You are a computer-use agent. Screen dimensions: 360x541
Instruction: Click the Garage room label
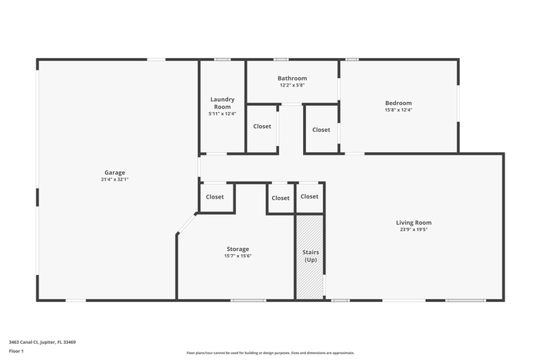point(115,172)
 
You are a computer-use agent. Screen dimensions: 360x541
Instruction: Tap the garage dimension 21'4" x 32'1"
point(115,179)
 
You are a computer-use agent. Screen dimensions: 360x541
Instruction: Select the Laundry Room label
point(223,103)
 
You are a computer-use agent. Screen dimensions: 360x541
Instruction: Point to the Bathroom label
point(292,78)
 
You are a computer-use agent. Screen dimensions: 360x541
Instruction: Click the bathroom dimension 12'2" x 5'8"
point(292,85)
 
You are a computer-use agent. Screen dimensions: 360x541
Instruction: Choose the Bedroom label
point(399,103)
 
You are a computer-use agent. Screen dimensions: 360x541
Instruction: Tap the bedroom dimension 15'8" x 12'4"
point(399,110)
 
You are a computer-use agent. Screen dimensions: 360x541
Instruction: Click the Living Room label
point(414,222)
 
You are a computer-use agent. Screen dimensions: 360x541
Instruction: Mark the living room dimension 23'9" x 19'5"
point(414,229)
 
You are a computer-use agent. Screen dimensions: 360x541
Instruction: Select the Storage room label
point(237,249)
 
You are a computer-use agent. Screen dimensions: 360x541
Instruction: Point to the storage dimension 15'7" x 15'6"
point(237,256)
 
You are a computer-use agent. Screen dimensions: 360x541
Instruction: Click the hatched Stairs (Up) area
point(310,256)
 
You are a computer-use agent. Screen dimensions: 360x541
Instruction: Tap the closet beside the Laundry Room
point(262,127)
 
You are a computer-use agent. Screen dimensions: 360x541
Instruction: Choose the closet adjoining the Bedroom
point(322,130)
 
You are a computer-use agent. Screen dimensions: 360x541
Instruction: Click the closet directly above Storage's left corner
point(215,197)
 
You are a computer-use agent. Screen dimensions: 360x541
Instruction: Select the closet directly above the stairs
point(309,197)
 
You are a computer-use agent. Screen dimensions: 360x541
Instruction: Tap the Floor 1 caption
point(16,352)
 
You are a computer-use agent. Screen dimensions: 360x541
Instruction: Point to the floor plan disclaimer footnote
point(270,352)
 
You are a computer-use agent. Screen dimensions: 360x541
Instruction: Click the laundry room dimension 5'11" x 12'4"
point(223,114)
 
